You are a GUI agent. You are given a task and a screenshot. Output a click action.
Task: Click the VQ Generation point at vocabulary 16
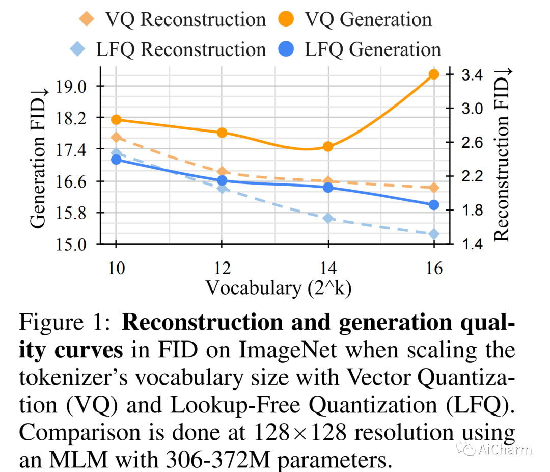pos(434,74)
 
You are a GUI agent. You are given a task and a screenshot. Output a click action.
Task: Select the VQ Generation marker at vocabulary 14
pos(328,147)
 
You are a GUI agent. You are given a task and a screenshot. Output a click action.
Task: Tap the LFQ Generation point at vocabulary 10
pos(116,160)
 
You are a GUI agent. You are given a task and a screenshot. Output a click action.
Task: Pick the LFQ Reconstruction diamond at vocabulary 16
pos(434,234)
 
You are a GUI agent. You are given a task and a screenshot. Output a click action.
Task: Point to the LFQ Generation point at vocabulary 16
pos(434,205)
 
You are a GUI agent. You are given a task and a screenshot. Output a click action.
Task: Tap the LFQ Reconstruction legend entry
pos(168,49)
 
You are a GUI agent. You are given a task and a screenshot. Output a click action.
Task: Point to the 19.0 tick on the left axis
pos(73,86)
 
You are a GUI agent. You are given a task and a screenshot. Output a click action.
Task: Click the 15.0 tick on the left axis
pos(73,245)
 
